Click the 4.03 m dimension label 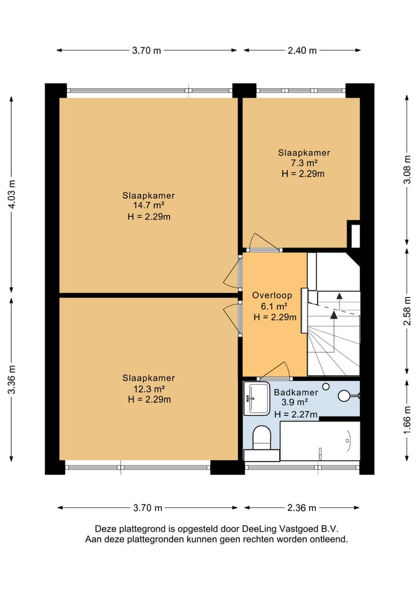coord(12,195)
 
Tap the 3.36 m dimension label coord(12,379)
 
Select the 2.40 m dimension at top coord(302,51)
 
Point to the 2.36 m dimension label coord(302,508)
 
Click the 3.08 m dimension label coord(407,170)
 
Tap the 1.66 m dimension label coord(407,420)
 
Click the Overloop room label coord(272,295)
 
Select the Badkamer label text coord(296,392)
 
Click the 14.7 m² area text coord(149,206)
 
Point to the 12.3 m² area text coord(149,389)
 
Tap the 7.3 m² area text coord(304,163)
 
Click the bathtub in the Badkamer coord(320,441)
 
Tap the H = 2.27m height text coord(296,414)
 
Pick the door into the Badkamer coord(275,371)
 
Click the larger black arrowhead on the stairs coord(334,315)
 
